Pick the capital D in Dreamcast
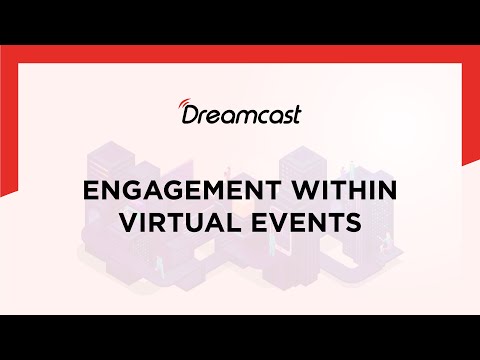190,116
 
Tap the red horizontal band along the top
240,52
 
